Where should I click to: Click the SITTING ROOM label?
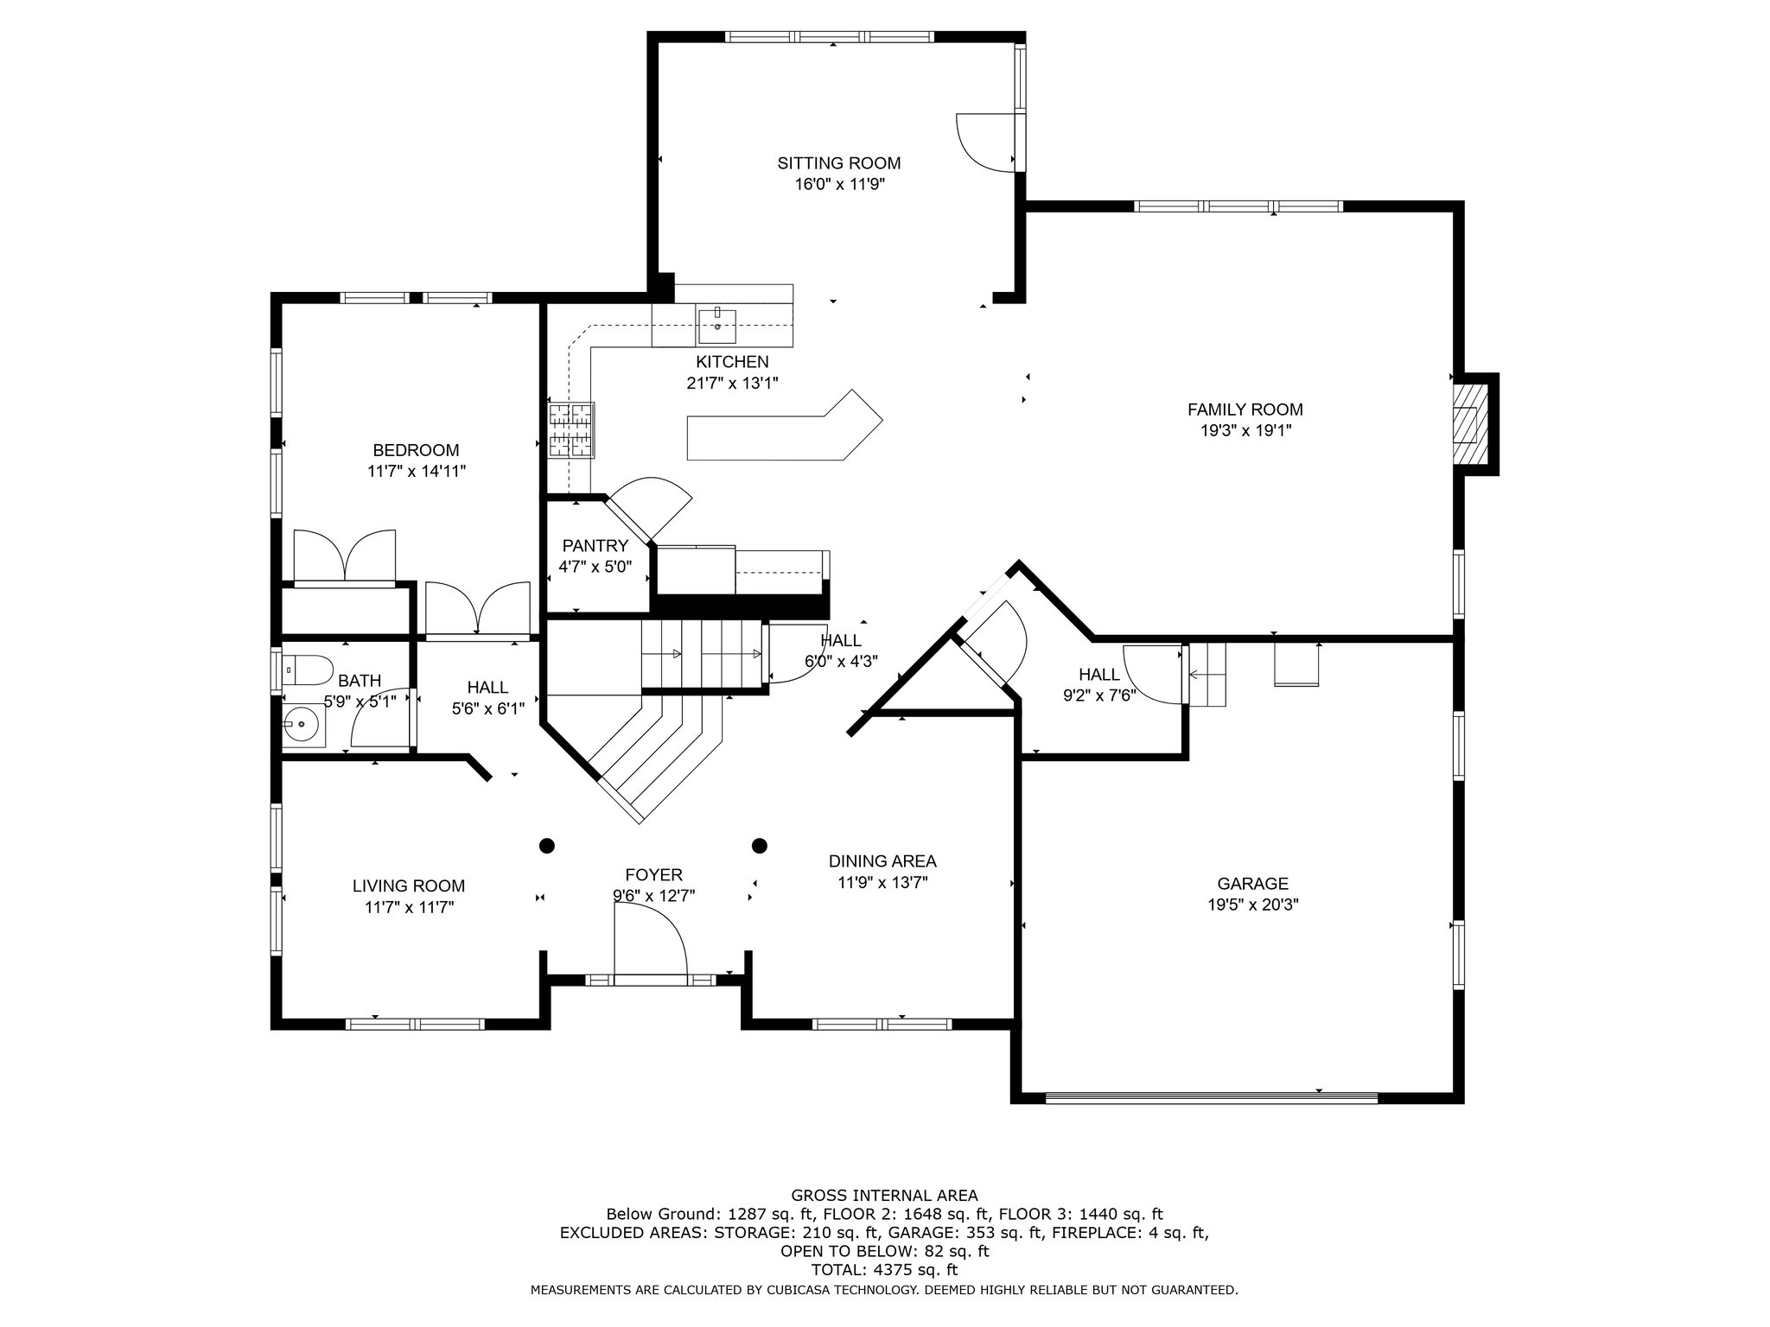click(x=838, y=163)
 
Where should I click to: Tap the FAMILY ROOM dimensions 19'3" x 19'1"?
click(x=1245, y=430)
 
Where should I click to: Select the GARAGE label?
click(x=1252, y=884)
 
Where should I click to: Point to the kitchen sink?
click(x=716, y=326)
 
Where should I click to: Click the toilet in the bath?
click(x=309, y=670)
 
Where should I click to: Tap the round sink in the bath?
click(x=302, y=724)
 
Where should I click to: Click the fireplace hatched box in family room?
click(x=1466, y=425)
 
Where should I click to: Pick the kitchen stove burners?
click(x=571, y=429)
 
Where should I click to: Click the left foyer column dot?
click(x=547, y=845)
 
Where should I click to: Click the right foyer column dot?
click(x=760, y=845)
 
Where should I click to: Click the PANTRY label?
click(x=595, y=546)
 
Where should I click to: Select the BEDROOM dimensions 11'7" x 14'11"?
click(x=417, y=472)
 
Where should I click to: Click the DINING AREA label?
click(x=882, y=861)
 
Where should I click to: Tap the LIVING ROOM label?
click(x=409, y=886)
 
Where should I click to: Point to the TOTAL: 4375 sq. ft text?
click(x=884, y=1270)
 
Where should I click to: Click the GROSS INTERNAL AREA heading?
click(x=884, y=1196)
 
